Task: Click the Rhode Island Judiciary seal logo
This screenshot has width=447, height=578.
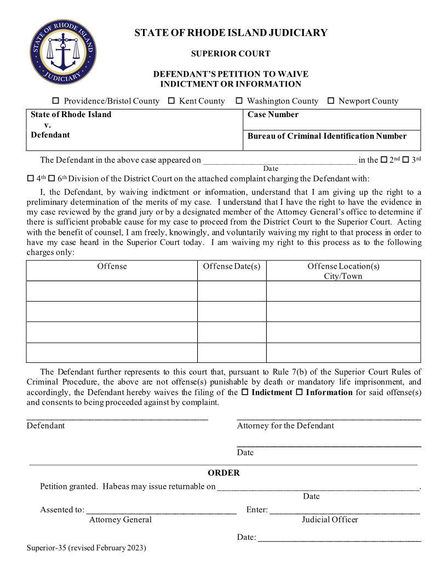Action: click(62, 53)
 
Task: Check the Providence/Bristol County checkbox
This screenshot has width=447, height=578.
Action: click(55, 101)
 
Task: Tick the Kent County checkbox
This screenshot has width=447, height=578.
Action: click(171, 101)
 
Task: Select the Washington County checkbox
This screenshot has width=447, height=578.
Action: click(239, 101)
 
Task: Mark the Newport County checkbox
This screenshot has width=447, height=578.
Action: click(331, 101)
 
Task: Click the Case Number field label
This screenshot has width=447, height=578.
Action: click(273, 114)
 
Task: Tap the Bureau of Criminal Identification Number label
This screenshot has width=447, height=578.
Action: click(327, 136)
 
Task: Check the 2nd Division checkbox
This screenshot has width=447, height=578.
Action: click(384, 160)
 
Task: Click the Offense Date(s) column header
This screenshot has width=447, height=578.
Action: click(231, 266)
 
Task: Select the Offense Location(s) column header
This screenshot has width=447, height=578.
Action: click(343, 270)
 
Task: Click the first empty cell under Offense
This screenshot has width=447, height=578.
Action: click(112, 291)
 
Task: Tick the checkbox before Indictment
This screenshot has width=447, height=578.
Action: click(245, 392)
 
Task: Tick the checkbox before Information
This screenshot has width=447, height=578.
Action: click(299, 392)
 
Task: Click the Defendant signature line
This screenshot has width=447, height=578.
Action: click(117, 419)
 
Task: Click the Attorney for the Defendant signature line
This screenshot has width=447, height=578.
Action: click(329, 419)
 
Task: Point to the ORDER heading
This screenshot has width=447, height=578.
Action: click(224, 473)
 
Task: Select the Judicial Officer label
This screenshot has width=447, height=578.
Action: click(330, 519)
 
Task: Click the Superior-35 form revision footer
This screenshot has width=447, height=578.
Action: click(87, 547)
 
